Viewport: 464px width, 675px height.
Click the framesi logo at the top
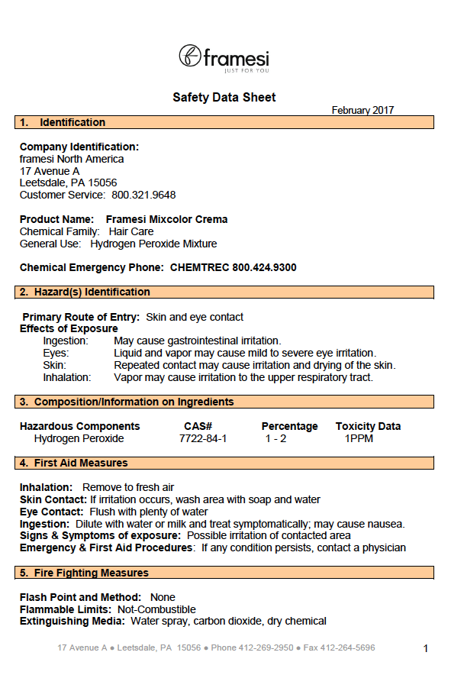[x=224, y=57]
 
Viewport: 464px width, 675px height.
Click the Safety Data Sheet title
[x=224, y=97]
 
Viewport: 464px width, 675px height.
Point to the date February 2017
[x=362, y=110]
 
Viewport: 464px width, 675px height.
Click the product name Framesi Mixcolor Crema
[x=166, y=219]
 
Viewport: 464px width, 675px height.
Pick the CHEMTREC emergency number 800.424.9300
[x=264, y=267]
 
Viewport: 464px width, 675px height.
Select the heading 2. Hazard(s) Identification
[x=85, y=292]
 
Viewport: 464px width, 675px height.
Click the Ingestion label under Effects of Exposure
[x=66, y=341]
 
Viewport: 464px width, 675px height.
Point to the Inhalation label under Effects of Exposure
[x=67, y=377]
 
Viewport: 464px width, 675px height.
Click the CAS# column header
[x=198, y=426]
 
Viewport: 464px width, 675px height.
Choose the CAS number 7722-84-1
[x=203, y=438]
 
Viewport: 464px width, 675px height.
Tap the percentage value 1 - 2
[x=276, y=438]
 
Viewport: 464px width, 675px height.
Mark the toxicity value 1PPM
[x=359, y=438]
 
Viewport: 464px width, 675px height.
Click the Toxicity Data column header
[x=368, y=426]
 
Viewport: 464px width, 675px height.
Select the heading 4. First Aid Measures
[x=74, y=463]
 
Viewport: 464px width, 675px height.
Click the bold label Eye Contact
[x=51, y=512]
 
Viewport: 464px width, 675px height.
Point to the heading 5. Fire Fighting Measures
[x=84, y=573]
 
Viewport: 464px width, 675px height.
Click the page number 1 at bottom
[x=426, y=648]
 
